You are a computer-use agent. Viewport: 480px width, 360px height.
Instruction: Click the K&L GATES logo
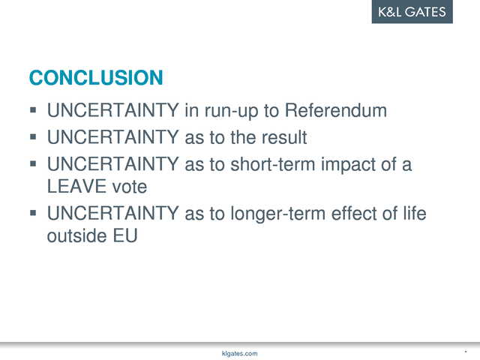click(412, 12)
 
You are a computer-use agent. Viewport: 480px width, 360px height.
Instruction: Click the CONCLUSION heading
click(96, 77)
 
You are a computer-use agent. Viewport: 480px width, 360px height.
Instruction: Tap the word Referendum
click(336, 110)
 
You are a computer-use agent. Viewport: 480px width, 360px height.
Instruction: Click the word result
click(284, 137)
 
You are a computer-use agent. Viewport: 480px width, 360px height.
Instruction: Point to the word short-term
click(273, 164)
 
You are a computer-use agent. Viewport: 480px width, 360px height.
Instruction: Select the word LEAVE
click(76, 187)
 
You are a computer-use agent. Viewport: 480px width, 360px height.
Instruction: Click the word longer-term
click(278, 214)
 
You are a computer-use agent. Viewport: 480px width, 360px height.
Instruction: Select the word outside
click(77, 235)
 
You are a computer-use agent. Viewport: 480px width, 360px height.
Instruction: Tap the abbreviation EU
click(125, 235)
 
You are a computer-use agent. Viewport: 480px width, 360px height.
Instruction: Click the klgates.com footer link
click(240, 353)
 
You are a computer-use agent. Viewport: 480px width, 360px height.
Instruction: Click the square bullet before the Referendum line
click(33, 110)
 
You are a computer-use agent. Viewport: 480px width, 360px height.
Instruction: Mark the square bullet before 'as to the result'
click(33, 136)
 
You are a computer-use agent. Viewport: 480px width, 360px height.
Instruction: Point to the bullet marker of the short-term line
click(33, 163)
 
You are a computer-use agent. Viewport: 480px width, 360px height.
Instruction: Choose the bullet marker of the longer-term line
click(33, 213)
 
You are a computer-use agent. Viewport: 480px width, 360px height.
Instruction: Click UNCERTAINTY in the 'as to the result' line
click(113, 137)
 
